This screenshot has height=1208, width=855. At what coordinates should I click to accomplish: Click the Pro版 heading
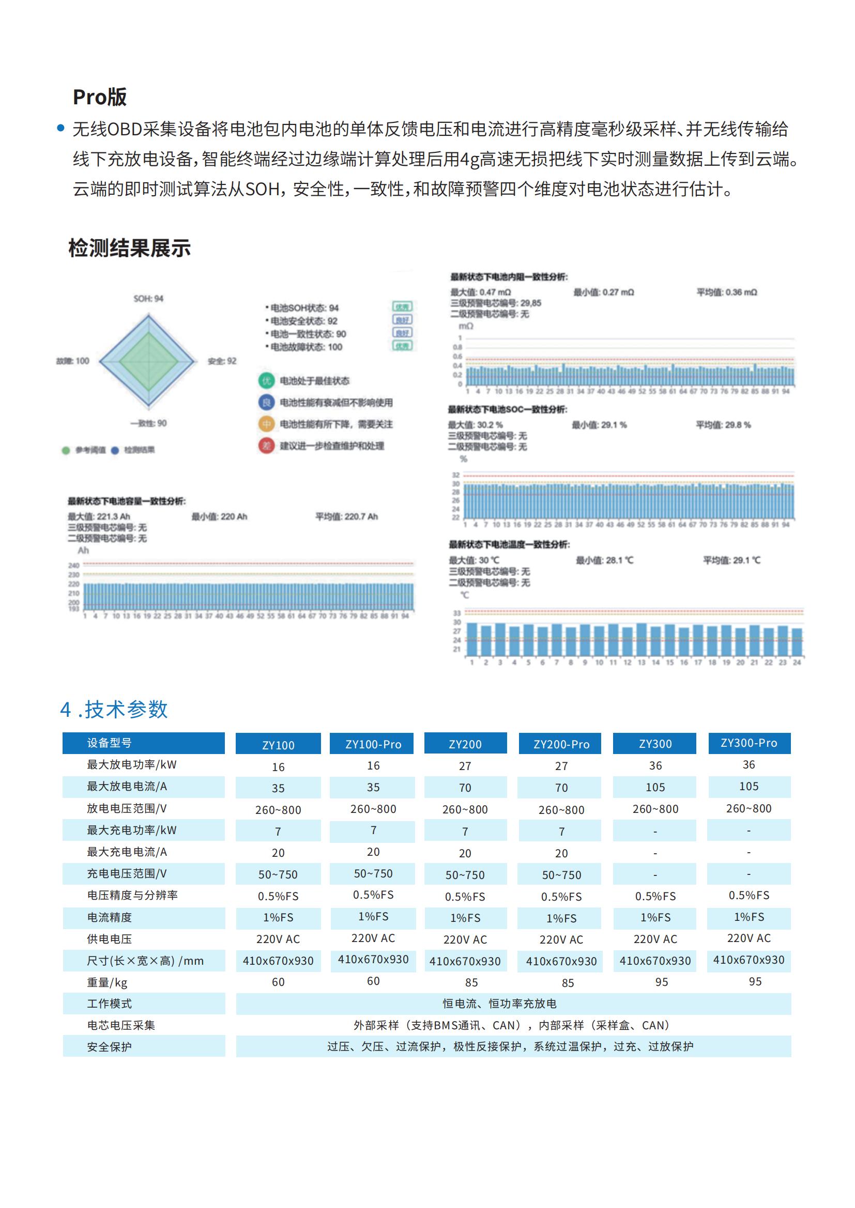click(99, 97)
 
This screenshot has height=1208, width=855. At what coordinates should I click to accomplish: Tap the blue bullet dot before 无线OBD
click(60, 128)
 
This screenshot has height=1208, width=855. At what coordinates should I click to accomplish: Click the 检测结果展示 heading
click(129, 247)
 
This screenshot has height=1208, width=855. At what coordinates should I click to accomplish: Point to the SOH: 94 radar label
click(148, 299)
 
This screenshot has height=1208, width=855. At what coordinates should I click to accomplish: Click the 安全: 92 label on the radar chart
click(222, 361)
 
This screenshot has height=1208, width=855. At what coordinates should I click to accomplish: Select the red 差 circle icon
click(266, 446)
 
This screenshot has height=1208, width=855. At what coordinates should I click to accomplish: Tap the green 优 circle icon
click(266, 381)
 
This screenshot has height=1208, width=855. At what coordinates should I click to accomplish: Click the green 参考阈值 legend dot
click(66, 450)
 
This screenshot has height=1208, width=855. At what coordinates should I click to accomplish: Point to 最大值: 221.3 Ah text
click(99, 516)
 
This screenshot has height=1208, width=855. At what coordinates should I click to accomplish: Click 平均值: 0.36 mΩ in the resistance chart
click(726, 292)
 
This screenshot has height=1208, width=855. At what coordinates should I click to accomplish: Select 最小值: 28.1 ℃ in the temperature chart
click(604, 560)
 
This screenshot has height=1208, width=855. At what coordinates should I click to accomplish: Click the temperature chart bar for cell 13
click(641, 639)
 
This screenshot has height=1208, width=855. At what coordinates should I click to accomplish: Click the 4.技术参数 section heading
click(114, 709)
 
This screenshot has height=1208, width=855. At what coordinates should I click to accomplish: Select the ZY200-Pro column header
click(561, 744)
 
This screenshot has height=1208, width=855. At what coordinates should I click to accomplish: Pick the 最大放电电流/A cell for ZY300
click(655, 787)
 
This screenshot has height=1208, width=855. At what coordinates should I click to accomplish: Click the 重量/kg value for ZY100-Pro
click(373, 981)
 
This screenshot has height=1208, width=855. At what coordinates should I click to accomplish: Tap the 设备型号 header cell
click(143, 743)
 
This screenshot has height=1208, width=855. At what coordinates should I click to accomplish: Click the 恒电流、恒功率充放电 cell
click(499, 1003)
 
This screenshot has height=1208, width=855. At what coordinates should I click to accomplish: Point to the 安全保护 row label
click(110, 1047)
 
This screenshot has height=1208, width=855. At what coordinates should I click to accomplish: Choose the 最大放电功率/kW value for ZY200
click(465, 766)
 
